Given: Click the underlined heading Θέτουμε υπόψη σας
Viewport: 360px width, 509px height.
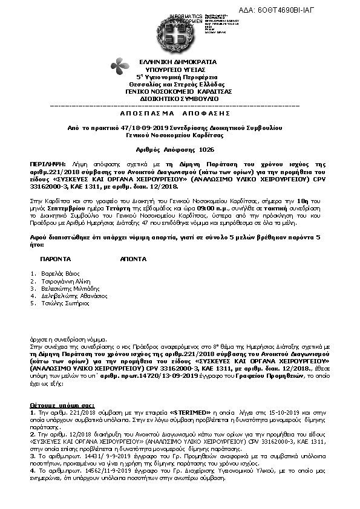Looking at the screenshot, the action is pyautogui.click(x=56, y=385).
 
